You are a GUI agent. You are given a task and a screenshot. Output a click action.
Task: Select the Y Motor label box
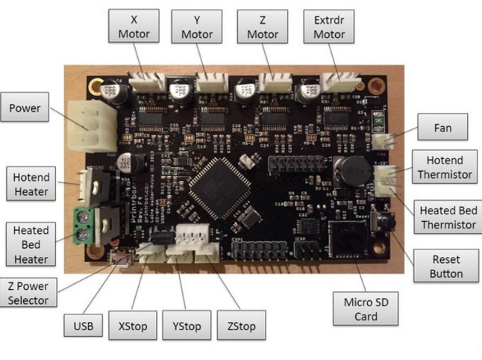(196, 27)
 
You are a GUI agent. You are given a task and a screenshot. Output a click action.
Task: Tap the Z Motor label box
(262, 27)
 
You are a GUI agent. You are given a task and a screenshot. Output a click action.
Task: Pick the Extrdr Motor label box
(329, 27)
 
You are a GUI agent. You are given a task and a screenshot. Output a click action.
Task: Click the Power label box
(25, 109)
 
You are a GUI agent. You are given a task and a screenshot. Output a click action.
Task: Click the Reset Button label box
(446, 267)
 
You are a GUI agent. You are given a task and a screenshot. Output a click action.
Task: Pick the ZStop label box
(241, 327)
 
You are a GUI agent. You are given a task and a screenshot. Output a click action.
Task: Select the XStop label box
(133, 327)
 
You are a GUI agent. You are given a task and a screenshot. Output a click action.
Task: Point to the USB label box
(84, 327)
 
